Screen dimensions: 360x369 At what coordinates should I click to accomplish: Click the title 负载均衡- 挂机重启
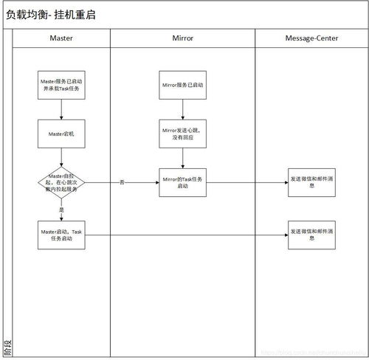[x=51, y=14]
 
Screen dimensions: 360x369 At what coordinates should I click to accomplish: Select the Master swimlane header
[x=61, y=37]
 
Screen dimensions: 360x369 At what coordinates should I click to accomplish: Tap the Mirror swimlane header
[x=182, y=37]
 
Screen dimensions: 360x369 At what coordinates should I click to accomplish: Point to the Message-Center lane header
[x=311, y=37]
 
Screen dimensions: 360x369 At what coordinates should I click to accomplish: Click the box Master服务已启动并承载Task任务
[x=62, y=85]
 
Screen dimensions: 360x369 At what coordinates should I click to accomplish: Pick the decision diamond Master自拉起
[x=62, y=181]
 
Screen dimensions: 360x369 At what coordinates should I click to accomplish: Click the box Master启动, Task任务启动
[x=62, y=235]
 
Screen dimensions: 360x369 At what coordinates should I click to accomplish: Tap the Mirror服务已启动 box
[x=182, y=85]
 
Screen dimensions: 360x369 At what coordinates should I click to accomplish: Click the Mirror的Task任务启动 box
[x=182, y=181]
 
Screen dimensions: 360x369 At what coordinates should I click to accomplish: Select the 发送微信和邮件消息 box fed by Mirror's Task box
[x=311, y=181]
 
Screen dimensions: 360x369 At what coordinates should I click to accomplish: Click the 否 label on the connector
[x=122, y=181]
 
